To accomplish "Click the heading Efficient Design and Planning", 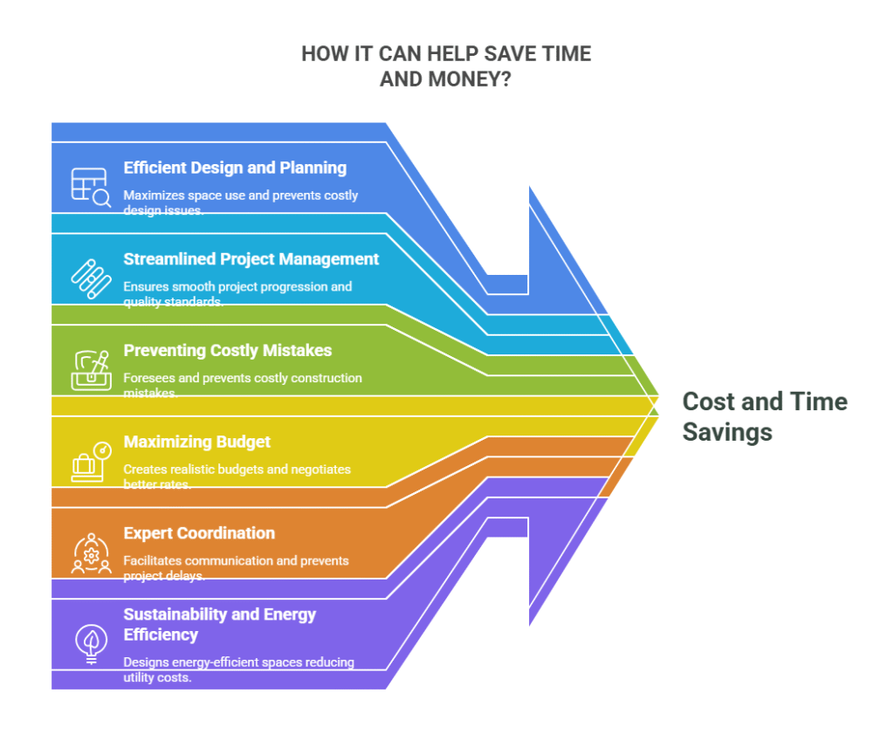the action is coord(235,168).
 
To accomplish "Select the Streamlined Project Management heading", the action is coord(251,259).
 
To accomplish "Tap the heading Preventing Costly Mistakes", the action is coord(228,351).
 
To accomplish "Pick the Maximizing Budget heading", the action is coord(196,443).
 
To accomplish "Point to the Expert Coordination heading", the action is coord(199,533).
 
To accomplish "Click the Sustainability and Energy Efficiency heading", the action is coord(219,625).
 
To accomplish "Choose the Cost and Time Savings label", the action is coord(765,416).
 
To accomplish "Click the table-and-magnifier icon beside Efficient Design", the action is coord(91,187).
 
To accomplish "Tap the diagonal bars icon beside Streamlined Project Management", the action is coord(91,278).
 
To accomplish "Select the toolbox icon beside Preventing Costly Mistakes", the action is coord(91,370).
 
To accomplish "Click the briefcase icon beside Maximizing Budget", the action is coord(91,462).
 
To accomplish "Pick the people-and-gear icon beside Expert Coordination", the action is coord(91,552).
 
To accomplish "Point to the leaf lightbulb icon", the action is coord(91,644).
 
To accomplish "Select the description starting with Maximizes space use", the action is coord(241,202).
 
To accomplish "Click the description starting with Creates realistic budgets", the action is coord(237,477).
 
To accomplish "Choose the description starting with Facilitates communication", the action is coord(236,568).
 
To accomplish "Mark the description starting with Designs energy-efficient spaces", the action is coord(239,669).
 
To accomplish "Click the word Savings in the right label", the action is coord(727,432).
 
